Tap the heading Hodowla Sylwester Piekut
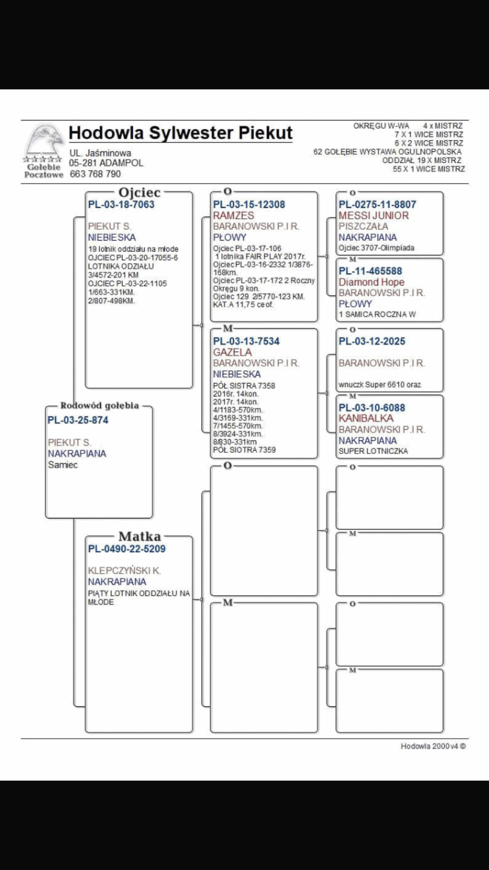pos(180,133)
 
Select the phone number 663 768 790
pos(95,174)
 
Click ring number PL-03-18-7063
pos(121,204)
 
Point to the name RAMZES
pos(233,215)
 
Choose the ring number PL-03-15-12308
pos(249,204)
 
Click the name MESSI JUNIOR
pos(373,215)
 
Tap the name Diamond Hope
pos(371,282)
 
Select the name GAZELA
pos(232,352)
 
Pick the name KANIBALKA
pos(366,418)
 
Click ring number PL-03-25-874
pos(78,420)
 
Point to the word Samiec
pos(63,464)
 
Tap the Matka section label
pos(140,536)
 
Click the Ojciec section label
pos(140,193)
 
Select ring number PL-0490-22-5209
pos(126,549)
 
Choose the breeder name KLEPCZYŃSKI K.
pos(124,570)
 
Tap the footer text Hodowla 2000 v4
pos(432,746)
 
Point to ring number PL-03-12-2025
pos(372,341)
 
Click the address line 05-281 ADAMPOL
pos(106,163)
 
